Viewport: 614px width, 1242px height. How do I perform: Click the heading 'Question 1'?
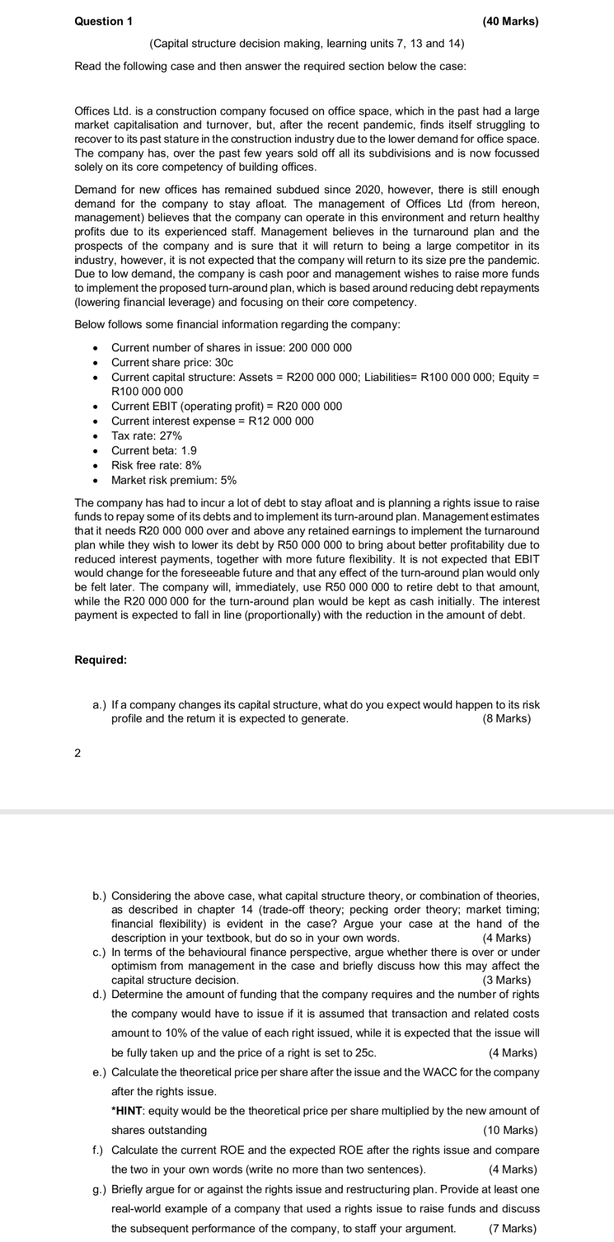(104, 21)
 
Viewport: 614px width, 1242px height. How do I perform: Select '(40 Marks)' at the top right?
(510, 21)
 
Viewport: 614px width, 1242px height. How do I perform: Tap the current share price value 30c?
(224, 362)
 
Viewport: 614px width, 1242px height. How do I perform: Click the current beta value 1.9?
(189, 451)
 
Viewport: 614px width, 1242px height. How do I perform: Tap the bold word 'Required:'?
(101, 660)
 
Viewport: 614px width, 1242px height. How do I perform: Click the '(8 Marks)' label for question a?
(507, 719)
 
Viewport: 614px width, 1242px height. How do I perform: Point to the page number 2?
(78, 753)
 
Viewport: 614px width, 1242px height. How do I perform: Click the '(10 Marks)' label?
(510, 1130)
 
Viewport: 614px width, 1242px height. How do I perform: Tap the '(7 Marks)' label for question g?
(512, 1228)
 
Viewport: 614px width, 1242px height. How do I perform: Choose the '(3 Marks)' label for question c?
(507, 980)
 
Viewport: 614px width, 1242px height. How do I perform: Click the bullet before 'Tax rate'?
(96, 436)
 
